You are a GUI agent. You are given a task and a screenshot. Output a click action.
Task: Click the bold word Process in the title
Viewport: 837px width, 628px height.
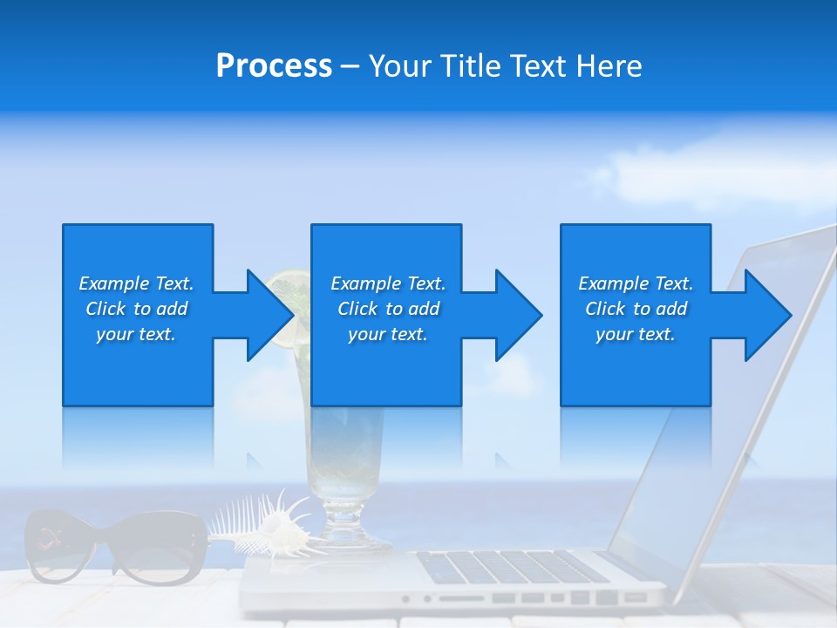(274, 66)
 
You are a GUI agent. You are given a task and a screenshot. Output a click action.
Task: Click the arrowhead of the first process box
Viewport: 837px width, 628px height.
(269, 315)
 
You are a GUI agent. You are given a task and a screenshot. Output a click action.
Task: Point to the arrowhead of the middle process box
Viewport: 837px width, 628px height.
(519, 315)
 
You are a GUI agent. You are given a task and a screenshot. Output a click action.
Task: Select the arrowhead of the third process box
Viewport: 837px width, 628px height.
(768, 315)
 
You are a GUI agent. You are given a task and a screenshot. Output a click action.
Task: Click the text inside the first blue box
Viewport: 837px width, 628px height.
(136, 309)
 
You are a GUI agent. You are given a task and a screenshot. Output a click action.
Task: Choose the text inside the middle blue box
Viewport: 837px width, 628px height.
(388, 309)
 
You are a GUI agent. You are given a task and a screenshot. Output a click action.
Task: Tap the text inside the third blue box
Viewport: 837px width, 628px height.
(636, 309)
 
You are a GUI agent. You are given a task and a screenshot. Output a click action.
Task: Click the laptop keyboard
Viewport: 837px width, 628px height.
(514, 567)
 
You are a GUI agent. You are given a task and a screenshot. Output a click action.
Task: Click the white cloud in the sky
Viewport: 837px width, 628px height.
(697, 174)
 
